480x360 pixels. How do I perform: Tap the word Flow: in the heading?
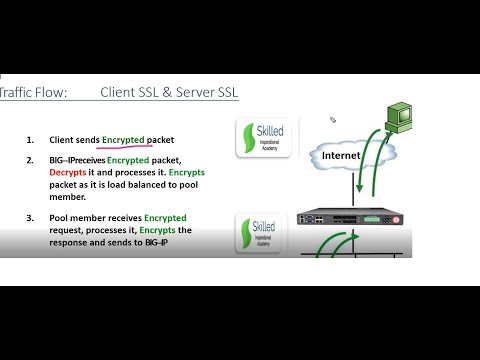click(x=52, y=93)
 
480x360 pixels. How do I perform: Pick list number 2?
click(x=30, y=159)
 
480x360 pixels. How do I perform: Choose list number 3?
click(x=30, y=217)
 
